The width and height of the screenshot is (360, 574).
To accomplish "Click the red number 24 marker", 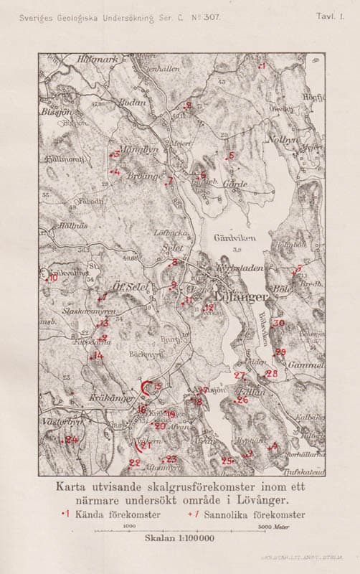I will (71, 439).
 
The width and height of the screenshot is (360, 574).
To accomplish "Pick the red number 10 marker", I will (52, 278).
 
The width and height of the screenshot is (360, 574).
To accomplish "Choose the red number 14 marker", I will (98, 355).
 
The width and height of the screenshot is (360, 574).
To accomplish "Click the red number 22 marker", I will (134, 463).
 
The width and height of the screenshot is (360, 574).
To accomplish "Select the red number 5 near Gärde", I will (230, 156).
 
